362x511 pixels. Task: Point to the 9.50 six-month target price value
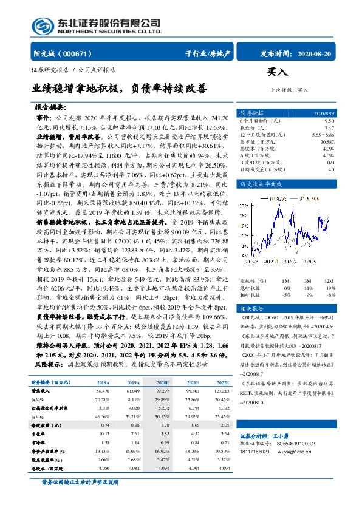click(330, 121)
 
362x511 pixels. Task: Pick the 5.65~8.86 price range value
click(323, 135)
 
